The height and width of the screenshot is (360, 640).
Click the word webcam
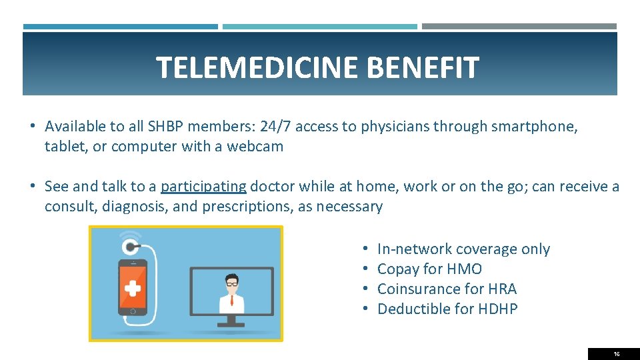(x=255, y=147)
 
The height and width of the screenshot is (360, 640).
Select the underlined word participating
(x=204, y=187)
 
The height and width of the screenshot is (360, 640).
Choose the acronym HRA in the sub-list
(x=502, y=289)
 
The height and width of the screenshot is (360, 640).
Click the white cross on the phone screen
(x=133, y=288)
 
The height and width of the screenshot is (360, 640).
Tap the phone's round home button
(x=133, y=311)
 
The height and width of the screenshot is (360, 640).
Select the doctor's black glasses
(x=232, y=283)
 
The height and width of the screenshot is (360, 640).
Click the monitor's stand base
(x=232, y=324)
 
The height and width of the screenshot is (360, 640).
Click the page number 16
(x=616, y=354)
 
